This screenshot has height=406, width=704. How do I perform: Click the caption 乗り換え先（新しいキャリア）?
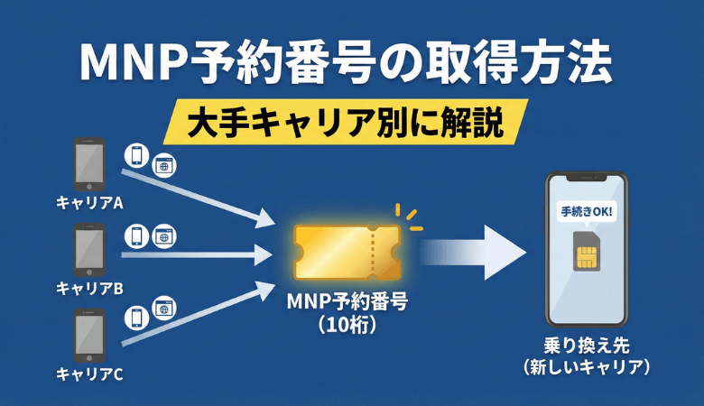coord(588,356)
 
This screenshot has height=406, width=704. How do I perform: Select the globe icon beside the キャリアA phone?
coord(164,166)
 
